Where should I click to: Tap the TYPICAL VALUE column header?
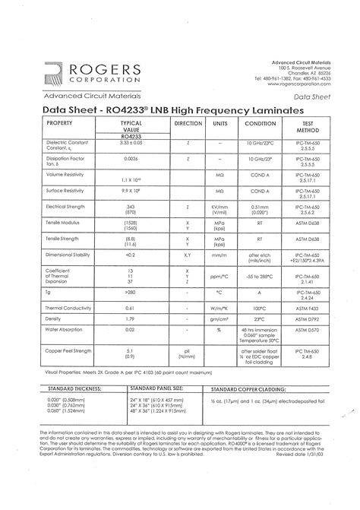point(131,125)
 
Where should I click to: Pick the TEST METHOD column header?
point(308,125)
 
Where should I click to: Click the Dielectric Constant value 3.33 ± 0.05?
point(131,142)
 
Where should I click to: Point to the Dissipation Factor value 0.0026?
point(131,157)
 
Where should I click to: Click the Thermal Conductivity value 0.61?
point(131,308)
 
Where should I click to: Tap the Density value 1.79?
point(131,319)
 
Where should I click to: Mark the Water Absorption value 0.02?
point(131,330)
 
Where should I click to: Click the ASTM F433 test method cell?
point(308,308)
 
